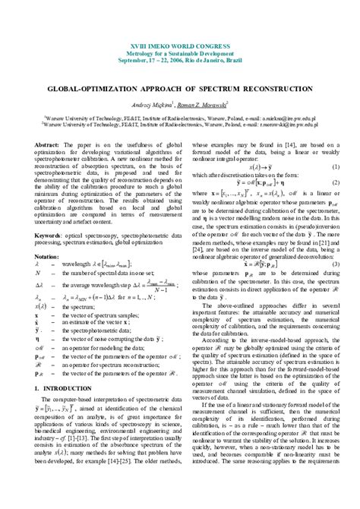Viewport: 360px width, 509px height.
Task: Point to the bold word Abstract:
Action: coord(48,143)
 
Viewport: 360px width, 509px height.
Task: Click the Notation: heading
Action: coord(49,236)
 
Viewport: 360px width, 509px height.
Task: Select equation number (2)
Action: coord(335,183)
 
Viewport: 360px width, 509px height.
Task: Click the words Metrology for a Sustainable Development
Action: coord(180,55)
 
